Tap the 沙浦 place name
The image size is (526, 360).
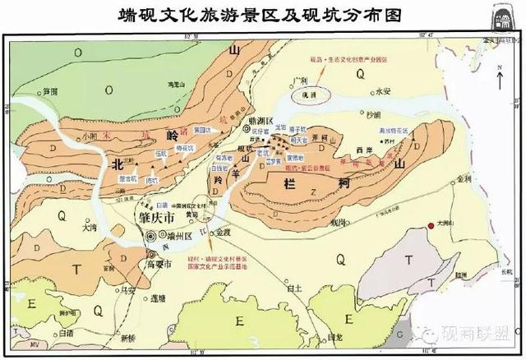pyautogui.click(x=375, y=115)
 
